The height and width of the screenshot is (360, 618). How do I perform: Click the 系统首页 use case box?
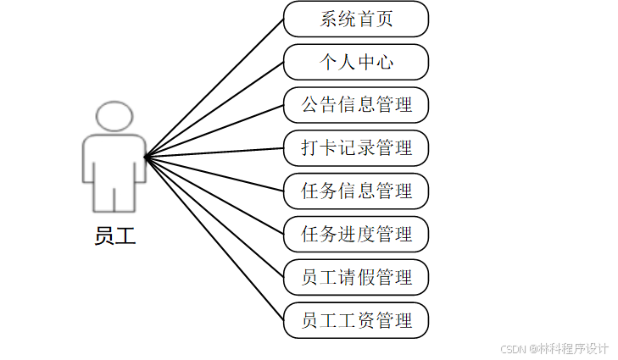coord(356,19)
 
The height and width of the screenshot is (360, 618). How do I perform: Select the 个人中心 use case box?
coord(356,62)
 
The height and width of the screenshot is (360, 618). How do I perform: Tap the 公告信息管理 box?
coord(356,105)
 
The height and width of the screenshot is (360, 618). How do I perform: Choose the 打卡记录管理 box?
coord(356,148)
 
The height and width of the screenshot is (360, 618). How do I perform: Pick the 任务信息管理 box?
coord(356,191)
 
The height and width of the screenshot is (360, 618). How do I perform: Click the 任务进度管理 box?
coord(356,234)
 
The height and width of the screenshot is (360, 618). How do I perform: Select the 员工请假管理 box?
coord(356,277)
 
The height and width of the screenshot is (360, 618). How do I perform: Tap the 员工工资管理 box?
coord(356,320)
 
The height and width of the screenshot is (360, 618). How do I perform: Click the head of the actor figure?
coord(114,116)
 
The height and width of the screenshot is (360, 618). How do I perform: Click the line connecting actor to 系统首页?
coord(214,88)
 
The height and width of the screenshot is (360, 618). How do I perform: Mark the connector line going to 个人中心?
coord(214,109)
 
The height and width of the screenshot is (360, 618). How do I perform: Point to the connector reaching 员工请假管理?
coord(214,217)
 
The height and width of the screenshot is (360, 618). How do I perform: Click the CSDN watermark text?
coord(554,348)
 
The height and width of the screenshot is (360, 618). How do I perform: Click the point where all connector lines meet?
coord(146,157)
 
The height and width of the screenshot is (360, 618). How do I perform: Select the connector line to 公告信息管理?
coord(214,131)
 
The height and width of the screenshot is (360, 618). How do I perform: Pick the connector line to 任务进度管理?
coord(214,196)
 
